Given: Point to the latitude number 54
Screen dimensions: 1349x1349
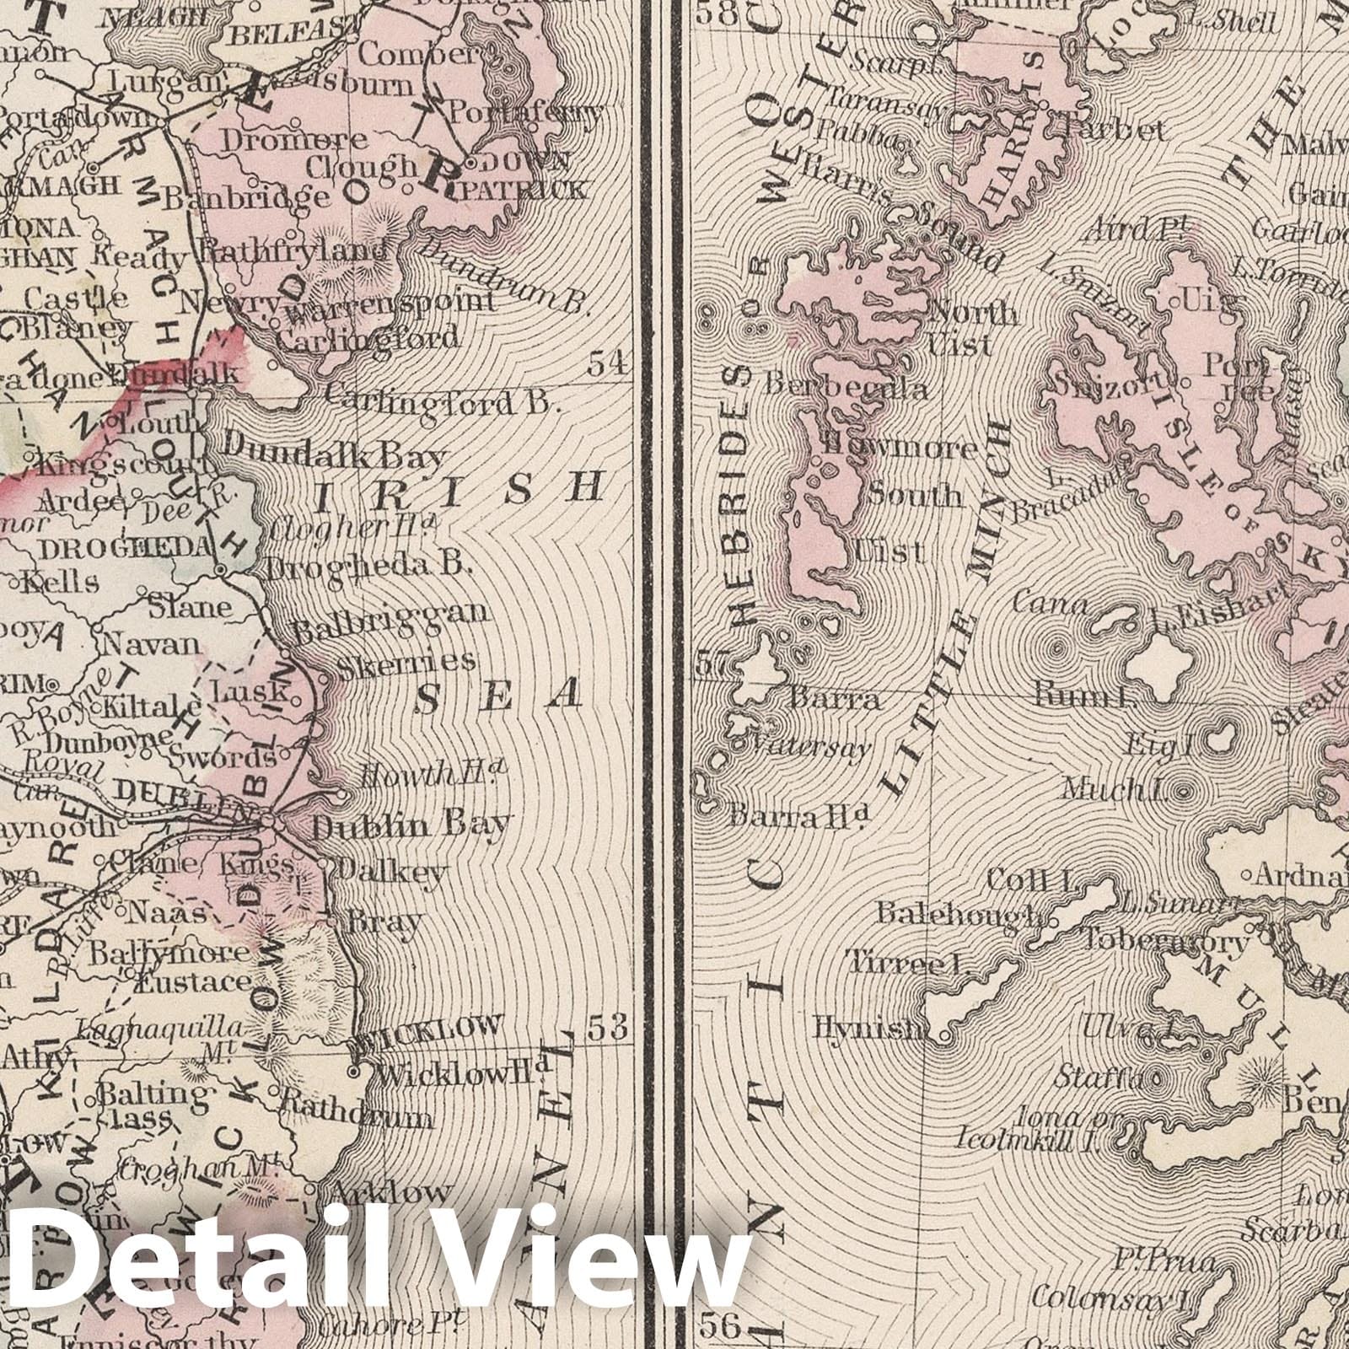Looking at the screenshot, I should pos(610,363).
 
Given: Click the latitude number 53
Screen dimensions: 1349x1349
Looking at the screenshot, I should pos(609,1028).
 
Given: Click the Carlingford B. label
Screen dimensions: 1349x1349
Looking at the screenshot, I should pos(442,401).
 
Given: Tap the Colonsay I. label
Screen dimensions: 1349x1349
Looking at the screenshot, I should pos(1110,1296).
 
